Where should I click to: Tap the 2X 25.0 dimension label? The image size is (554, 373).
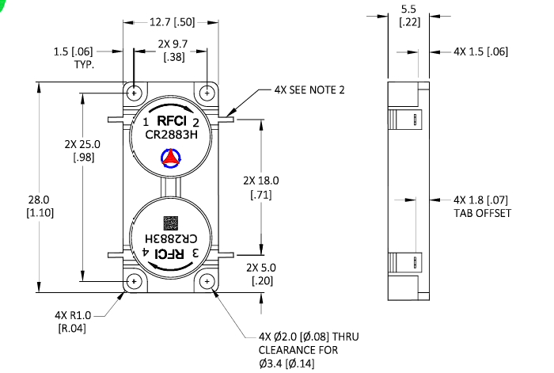pos(84,150)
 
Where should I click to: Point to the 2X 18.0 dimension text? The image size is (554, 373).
pos(262,187)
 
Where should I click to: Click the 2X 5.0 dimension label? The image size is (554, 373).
pos(262,274)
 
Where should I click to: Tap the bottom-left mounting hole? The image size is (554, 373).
pos(135,282)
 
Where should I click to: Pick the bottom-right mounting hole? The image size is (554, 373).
pos(207,282)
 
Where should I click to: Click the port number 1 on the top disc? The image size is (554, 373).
pos(146,122)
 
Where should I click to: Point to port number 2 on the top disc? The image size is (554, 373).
pos(195,123)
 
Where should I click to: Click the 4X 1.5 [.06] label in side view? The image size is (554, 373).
pos(480,51)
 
